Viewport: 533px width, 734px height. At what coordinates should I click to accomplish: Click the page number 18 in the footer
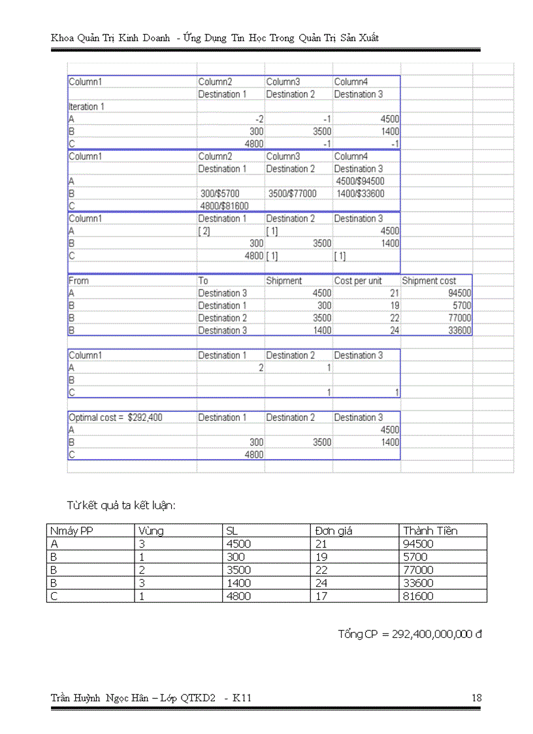476,698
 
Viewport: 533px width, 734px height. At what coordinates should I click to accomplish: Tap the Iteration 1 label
87,107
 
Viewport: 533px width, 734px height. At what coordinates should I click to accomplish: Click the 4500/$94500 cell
359,181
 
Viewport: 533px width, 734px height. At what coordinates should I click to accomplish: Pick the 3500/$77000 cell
292,193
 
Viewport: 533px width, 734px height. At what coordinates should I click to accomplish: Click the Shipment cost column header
428,280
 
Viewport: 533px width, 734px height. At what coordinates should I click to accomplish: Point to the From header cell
79,280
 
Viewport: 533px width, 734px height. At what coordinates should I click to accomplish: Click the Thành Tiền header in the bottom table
430,531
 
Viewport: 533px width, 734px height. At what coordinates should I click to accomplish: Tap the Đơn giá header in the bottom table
334,531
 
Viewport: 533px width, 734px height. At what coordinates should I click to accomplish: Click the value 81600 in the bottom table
418,596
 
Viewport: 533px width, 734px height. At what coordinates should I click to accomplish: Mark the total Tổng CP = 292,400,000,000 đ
410,634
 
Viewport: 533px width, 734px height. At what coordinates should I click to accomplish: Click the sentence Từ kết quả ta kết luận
121,505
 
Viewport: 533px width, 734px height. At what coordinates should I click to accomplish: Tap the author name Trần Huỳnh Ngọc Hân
99,698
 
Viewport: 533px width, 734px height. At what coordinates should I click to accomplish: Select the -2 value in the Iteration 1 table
259,119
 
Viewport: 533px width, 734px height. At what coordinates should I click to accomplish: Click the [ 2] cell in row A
204,231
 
